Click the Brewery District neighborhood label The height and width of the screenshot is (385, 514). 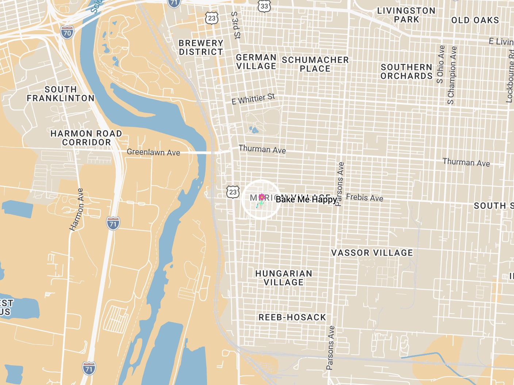click(201, 47)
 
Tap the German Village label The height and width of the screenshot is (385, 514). click(256, 62)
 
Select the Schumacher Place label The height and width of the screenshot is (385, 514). click(315, 64)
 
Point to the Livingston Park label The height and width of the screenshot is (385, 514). click(406, 15)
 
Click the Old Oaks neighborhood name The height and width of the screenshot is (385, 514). click(475, 20)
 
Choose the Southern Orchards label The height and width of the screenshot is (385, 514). click(406, 71)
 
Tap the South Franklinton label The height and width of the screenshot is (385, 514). click(61, 94)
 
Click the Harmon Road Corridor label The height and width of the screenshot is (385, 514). click(86, 138)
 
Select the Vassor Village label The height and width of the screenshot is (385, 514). click(372, 253)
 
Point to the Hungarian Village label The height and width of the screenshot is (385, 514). click(284, 278)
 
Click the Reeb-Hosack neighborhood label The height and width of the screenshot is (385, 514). click(292, 317)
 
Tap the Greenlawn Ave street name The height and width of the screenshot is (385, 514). click(153, 152)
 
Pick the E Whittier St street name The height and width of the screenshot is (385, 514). click(253, 99)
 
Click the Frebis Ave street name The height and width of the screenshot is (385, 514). click(364, 198)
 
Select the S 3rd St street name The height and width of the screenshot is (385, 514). click(236, 25)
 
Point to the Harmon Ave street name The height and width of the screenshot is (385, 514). click(77, 210)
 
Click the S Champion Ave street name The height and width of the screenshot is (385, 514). click(452, 75)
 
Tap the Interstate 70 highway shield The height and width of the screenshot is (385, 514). click(67, 33)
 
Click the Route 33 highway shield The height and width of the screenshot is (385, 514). click(264, 6)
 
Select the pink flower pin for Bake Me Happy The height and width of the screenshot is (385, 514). click(261, 199)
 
